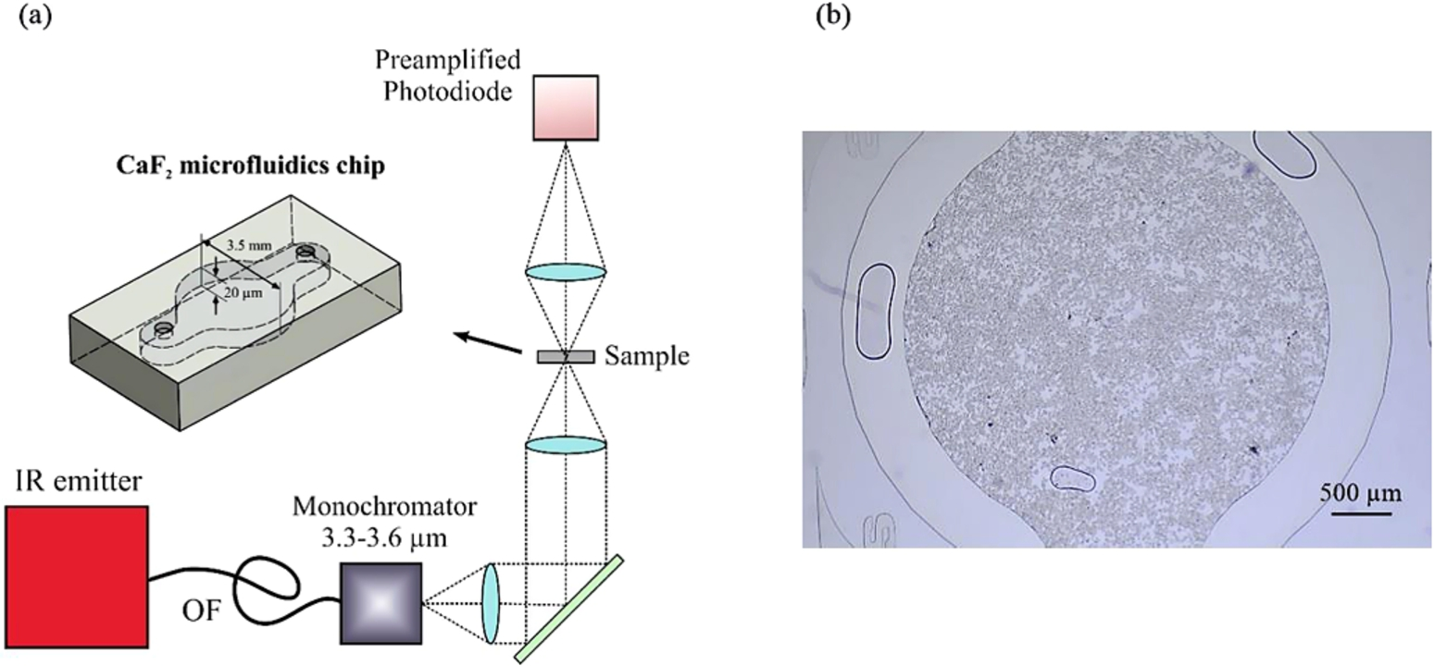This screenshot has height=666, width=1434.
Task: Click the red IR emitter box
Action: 78,576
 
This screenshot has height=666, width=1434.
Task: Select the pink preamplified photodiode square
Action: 566,108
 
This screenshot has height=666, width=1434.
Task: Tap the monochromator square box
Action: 380,603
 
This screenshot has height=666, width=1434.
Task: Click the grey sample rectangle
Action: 566,356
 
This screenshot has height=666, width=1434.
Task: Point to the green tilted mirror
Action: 568,609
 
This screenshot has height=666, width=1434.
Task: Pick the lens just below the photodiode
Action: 566,272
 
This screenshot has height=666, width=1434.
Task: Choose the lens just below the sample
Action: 566,445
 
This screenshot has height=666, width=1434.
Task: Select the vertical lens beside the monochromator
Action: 491,603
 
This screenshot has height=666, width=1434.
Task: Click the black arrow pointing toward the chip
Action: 487,342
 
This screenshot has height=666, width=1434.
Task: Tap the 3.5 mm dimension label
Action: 250,245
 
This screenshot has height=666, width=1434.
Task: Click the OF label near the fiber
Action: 202,612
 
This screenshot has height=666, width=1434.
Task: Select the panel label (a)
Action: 36,16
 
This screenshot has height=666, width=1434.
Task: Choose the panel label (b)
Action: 833,16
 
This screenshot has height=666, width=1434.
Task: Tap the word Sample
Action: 647,356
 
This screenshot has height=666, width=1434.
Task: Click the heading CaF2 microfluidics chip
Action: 250,166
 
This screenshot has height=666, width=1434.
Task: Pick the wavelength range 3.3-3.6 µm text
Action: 384,538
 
